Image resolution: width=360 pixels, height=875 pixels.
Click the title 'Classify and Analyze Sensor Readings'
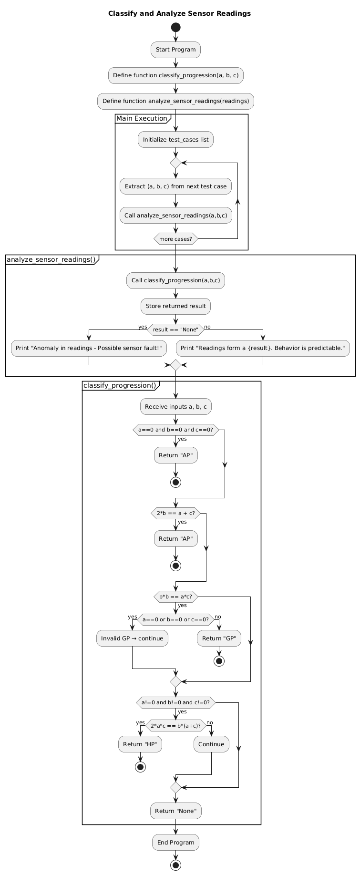[179, 13]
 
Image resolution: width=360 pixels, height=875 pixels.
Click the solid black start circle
[175, 27]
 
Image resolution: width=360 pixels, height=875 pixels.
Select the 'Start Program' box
[175, 50]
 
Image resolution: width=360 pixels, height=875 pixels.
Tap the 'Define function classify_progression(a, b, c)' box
[175, 75]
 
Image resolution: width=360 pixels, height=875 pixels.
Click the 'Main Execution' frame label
[142, 118]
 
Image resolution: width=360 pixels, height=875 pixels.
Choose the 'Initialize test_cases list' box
[175, 140]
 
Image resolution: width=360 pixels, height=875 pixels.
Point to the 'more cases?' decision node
[175, 238]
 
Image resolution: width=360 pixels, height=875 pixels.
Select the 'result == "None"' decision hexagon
[175, 329]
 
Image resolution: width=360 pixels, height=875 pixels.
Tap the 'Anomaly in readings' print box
[89, 348]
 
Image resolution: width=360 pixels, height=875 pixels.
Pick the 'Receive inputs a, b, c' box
[175, 406]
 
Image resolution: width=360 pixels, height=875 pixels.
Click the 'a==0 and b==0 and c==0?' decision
[175, 430]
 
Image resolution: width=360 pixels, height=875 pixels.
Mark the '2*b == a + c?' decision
[175, 513]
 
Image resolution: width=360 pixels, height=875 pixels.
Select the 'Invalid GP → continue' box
[132, 638]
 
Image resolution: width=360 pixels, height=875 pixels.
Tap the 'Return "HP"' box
[140, 744]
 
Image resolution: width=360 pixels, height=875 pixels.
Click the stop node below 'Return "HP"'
[140, 767]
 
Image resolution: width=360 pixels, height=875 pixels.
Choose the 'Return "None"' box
[175, 811]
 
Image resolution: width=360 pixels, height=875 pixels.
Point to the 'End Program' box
[175, 842]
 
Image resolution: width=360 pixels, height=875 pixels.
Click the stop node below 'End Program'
[175, 865]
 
